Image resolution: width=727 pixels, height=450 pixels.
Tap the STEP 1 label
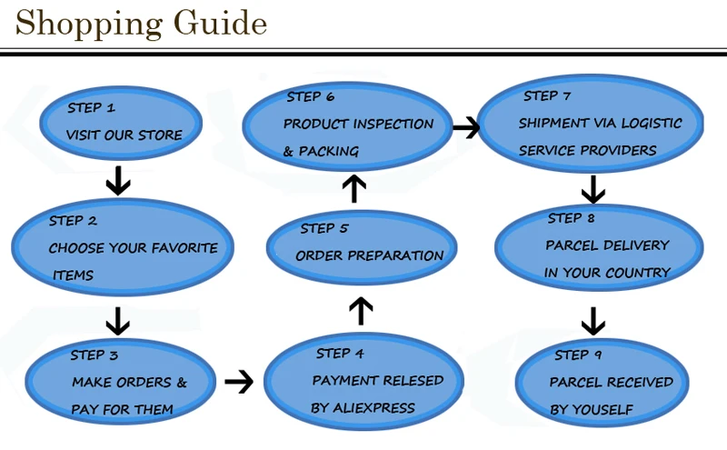click(x=91, y=108)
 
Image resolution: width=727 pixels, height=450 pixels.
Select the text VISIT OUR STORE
click(x=124, y=135)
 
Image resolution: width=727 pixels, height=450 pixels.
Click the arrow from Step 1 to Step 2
click(x=118, y=180)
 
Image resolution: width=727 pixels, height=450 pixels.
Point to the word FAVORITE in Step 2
click(x=184, y=248)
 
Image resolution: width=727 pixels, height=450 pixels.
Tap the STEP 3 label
click(x=95, y=355)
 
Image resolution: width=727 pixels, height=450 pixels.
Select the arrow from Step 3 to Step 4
click(x=238, y=381)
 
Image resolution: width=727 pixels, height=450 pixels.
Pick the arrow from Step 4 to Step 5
click(x=361, y=310)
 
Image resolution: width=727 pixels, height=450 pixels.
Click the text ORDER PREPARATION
click(x=369, y=256)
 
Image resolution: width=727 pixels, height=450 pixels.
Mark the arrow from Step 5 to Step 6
click(x=356, y=189)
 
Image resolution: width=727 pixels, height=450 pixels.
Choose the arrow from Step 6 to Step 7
click(x=465, y=127)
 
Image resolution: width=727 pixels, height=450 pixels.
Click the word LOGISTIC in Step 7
click(x=650, y=124)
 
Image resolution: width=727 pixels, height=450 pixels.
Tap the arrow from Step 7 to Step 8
click(x=593, y=189)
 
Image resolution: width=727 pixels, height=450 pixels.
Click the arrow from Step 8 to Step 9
click(x=593, y=321)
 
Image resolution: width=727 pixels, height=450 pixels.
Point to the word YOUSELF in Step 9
click(x=603, y=410)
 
